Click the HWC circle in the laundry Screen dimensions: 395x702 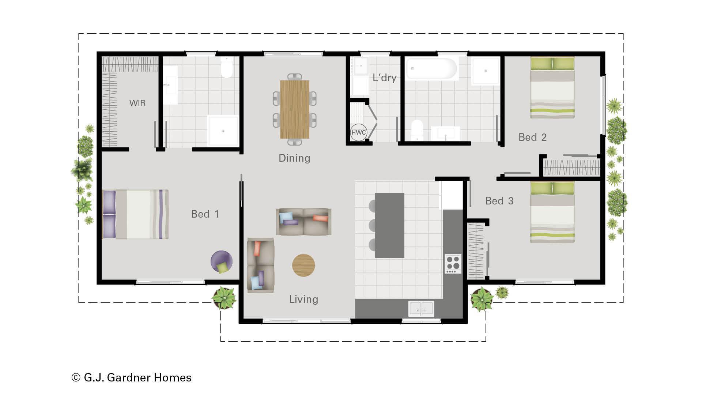click(358, 132)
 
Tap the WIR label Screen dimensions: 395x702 click(137, 103)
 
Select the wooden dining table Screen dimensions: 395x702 click(294, 109)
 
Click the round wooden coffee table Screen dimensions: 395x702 click(303, 265)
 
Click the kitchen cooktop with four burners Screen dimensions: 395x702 click(453, 264)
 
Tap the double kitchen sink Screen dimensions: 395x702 click(421, 309)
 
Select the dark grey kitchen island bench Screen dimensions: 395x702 click(390, 225)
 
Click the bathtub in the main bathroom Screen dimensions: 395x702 click(432, 68)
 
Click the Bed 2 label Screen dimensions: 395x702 click(532, 138)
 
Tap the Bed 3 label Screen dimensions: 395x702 click(499, 201)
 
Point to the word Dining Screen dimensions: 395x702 click(294, 158)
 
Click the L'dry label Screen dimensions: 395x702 click(384, 78)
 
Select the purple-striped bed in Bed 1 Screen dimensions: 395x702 click(135, 214)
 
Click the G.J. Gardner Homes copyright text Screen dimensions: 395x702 click(132, 377)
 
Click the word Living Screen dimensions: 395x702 click(303, 299)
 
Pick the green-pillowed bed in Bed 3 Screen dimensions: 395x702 click(552, 212)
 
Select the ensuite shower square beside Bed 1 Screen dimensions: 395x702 click(223, 131)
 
